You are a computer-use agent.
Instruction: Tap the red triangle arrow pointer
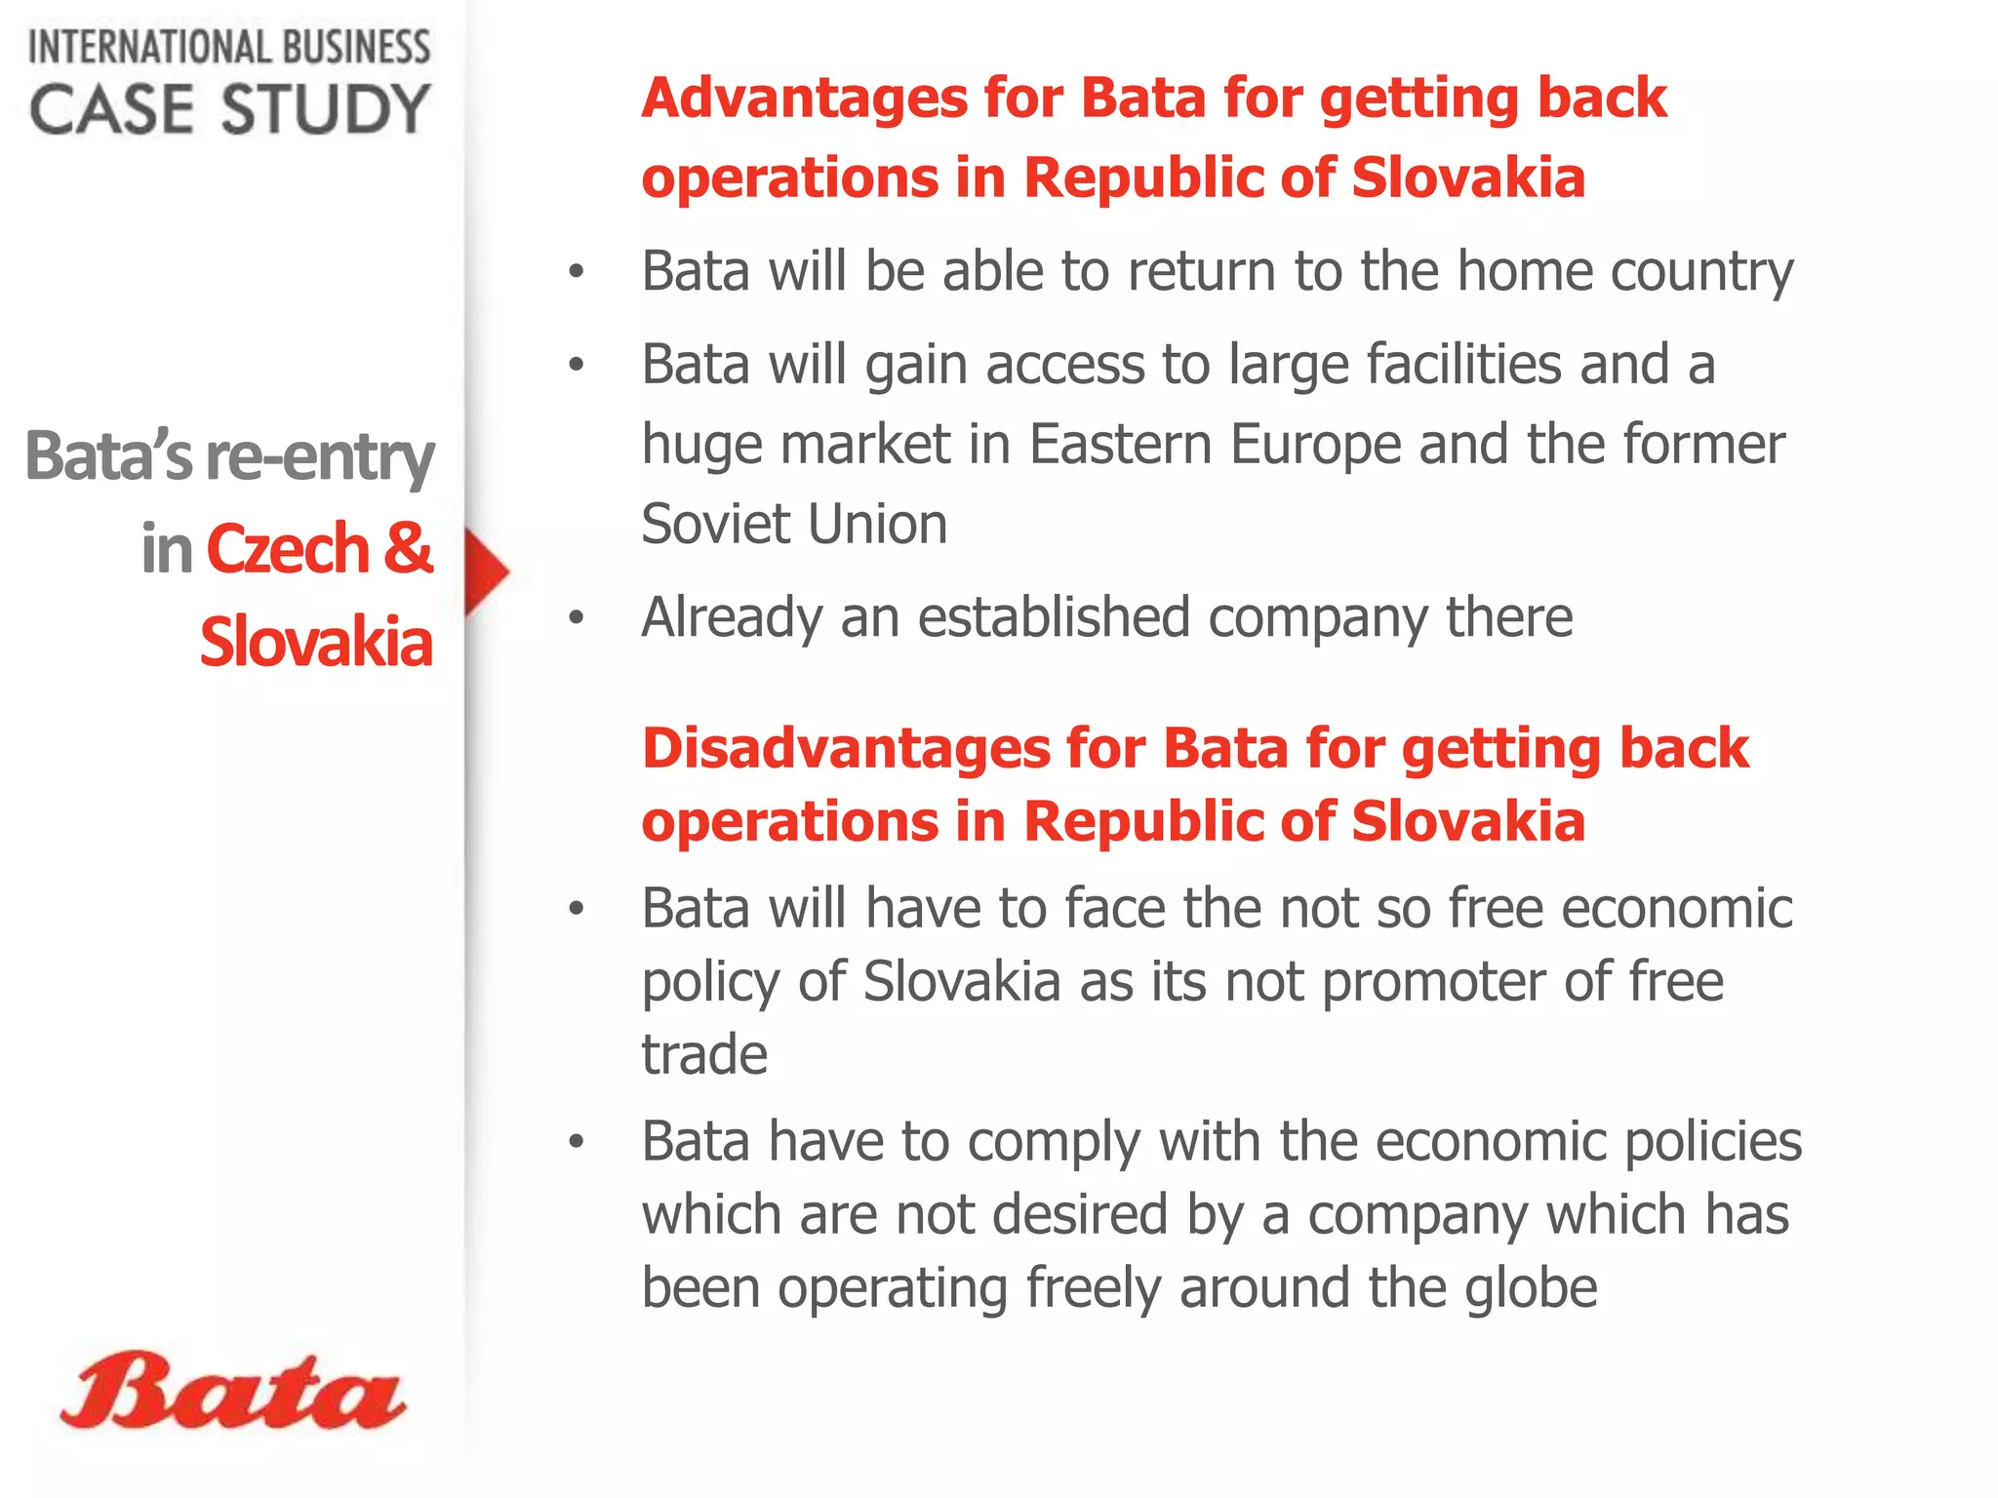(x=485, y=572)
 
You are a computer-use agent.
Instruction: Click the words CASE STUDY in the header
(x=229, y=108)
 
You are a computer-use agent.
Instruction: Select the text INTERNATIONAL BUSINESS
(x=229, y=47)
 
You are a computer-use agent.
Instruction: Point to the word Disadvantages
(x=844, y=749)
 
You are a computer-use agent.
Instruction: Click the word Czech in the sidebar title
(x=287, y=549)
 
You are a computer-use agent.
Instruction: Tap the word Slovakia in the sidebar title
(x=316, y=642)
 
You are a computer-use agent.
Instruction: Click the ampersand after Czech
(x=407, y=548)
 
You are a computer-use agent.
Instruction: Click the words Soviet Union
(x=794, y=524)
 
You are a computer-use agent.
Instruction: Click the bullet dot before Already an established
(x=577, y=617)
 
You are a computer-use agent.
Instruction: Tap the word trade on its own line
(x=703, y=1054)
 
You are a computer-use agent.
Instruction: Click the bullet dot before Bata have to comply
(x=577, y=1141)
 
